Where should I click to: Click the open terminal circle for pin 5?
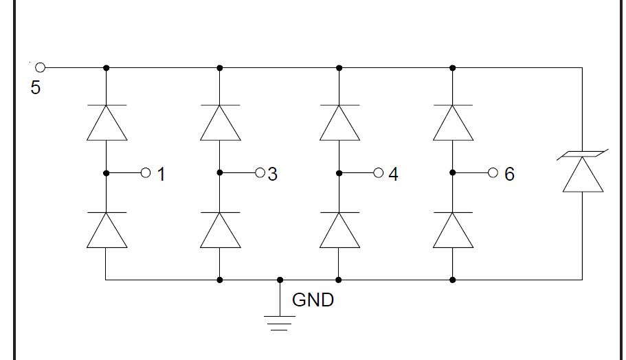click(x=40, y=67)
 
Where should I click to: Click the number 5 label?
click(x=36, y=88)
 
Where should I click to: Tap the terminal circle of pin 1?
click(x=145, y=172)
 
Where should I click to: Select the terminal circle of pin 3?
click(x=260, y=172)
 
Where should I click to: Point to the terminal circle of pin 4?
click(x=378, y=172)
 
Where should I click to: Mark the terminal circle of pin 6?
click(x=493, y=172)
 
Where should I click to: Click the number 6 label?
click(x=509, y=175)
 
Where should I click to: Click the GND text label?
click(x=313, y=300)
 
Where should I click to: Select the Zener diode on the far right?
click(x=583, y=172)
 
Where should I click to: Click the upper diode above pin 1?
click(x=107, y=122)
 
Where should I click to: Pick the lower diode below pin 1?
click(x=107, y=229)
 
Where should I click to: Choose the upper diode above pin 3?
click(x=220, y=122)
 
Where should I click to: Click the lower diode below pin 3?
click(x=220, y=229)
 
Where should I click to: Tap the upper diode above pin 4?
click(x=339, y=122)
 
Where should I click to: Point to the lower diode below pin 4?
click(x=339, y=229)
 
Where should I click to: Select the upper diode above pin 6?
click(x=453, y=122)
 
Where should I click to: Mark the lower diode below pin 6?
click(x=453, y=229)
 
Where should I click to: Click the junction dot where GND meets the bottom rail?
click(x=279, y=280)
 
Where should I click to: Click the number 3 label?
click(x=273, y=175)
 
